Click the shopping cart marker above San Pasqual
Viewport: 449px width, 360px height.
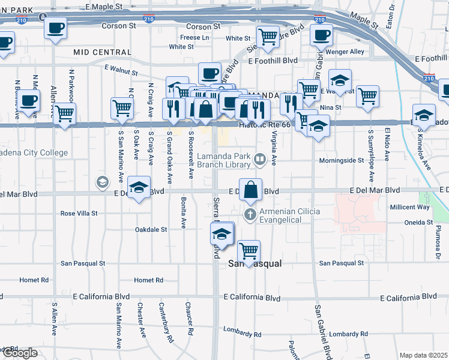[249, 250]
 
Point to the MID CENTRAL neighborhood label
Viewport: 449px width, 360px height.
[102, 53]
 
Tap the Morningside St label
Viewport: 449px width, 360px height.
[341, 161]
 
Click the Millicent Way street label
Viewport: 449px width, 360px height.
[410, 207]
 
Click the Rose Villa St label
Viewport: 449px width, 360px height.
[79, 213]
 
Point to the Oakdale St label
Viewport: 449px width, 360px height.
[151, 229]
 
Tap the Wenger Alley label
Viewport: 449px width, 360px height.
[349, 52]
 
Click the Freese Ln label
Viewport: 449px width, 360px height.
[194, 37]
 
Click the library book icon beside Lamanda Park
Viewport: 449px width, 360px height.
[260, 159]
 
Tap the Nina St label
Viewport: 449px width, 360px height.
[331, 108]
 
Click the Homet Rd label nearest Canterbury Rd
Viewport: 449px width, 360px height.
[149, 280]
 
